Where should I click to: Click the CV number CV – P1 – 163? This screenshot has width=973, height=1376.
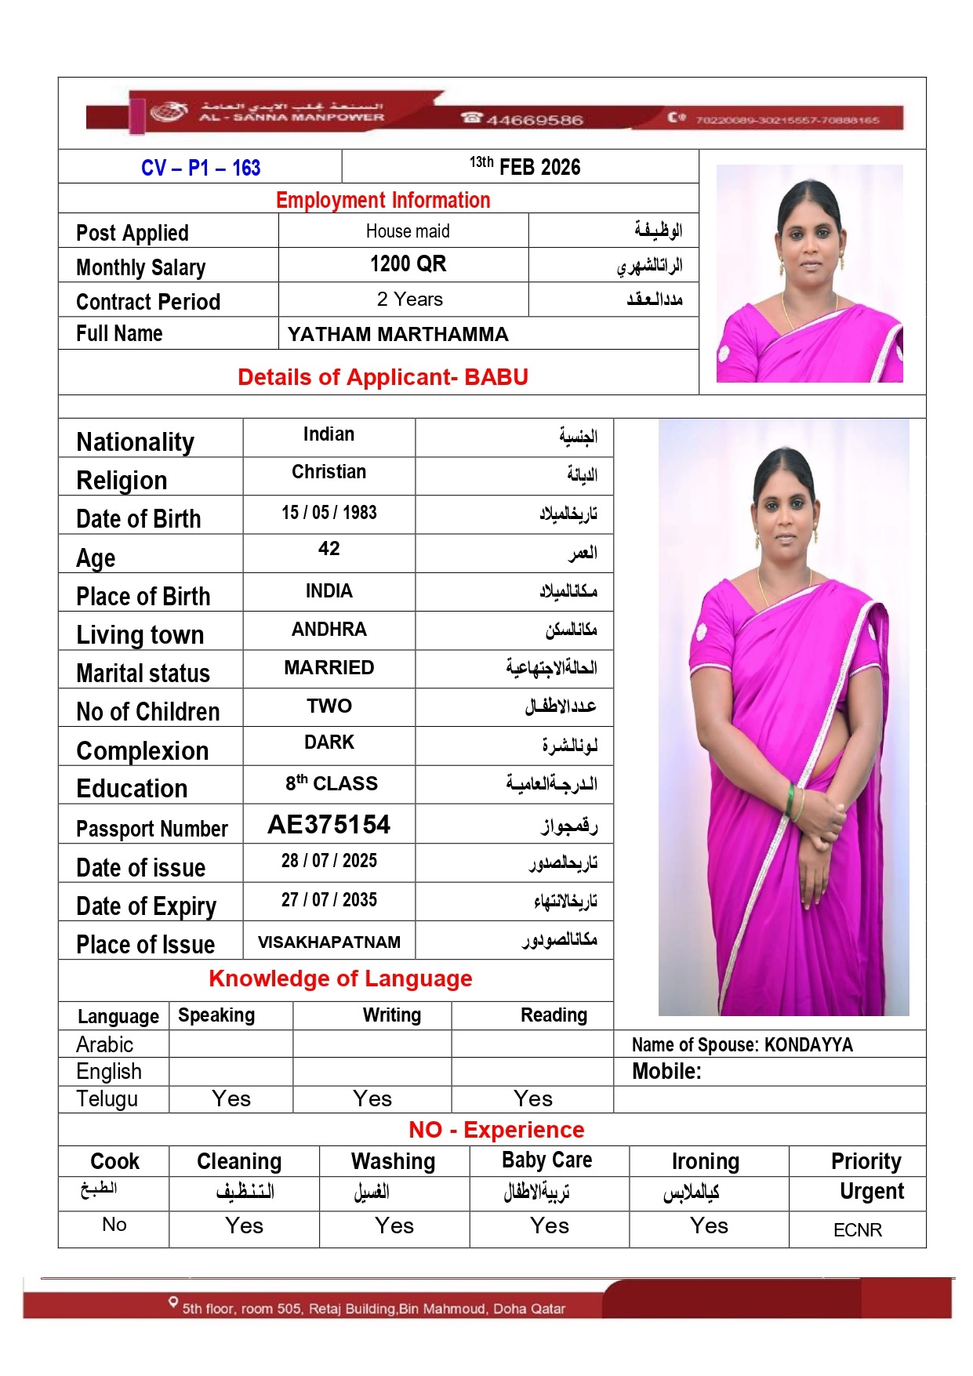coord(201,168)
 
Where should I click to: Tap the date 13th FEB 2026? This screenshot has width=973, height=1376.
coord(525,166)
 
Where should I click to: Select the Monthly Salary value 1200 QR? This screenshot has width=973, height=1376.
coord(408,264)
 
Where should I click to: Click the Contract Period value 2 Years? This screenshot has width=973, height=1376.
coord(409,300)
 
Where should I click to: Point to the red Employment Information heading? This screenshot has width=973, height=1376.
coord(383,200)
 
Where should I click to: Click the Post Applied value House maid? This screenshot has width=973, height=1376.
coord(408,231)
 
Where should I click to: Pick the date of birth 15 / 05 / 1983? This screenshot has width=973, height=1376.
coord(329,513)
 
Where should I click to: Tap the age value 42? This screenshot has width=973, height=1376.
coord(329,549)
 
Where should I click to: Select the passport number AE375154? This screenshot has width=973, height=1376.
coord(329,825)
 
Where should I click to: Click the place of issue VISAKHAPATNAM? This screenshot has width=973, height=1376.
coord(329,942)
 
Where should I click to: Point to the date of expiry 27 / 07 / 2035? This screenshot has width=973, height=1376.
coord(329,900)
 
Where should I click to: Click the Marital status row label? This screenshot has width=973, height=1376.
coord(143,673)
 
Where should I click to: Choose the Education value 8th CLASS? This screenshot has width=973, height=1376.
coord(331,783)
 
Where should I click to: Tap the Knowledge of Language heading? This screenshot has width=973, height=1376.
coord(340,978)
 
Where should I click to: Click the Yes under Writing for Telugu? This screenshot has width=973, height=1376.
coord(372,1099)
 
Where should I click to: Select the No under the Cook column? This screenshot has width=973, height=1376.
coord(114,1225)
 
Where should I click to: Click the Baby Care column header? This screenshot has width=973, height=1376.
coord(547,1160)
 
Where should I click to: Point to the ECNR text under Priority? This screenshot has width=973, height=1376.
coord(858,1230)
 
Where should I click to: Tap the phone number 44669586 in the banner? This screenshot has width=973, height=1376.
coord(534,120)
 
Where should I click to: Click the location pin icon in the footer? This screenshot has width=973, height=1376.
coord(173,1303)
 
